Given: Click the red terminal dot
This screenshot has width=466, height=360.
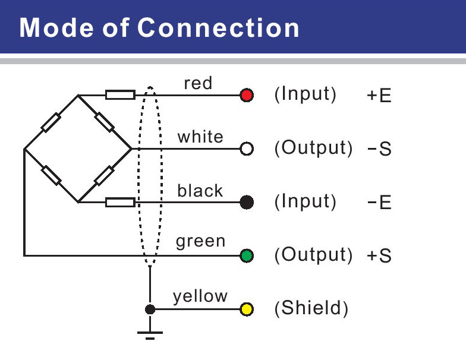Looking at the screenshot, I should (x=247, y=95).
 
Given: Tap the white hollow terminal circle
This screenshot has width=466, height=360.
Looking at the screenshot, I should (x=247, y=149).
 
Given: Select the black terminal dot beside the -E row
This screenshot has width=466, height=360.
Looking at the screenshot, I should (x=247, y=203).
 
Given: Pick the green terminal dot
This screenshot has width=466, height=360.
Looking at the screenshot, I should (x=247, y=256).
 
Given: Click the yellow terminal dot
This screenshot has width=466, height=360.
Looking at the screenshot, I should (x=247, y=310).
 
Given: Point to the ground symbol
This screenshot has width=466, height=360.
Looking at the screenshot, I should (x=150, y=333).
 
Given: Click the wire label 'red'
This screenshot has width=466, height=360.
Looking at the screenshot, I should (x=198, y=83).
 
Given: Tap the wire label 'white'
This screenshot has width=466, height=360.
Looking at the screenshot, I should (x=200, y=137).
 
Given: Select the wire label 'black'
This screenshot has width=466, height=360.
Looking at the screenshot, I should (x=200, y=191).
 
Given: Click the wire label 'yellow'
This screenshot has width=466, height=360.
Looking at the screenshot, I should (x=200, y=296).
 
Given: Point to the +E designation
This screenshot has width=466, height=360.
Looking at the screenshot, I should (x=379, y=96).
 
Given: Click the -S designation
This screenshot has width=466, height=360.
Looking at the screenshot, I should (x=379, y=149).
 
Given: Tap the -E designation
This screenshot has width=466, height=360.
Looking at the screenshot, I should (x=379, y=203).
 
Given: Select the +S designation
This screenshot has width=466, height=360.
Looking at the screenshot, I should (x=379, y=257).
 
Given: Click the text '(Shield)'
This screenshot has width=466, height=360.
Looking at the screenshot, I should (x=311, y=309).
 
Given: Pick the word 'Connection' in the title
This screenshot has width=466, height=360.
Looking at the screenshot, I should (x=219, y=28).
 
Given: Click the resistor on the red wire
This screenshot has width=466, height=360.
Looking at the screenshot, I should (x=120, y=95).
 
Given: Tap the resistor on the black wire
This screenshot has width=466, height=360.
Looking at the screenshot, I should (x=120, y=203).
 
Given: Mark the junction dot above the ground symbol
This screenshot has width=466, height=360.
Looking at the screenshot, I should (x=150, y=310).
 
